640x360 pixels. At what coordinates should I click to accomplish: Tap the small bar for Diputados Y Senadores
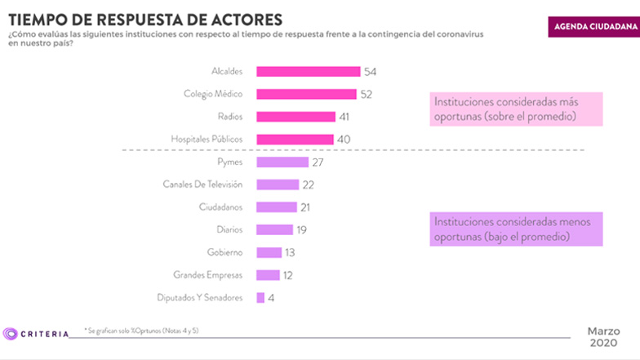point(260,298)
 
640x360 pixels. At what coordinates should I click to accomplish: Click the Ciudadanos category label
point(221,207)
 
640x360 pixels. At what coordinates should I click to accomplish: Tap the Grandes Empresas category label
point(208,275)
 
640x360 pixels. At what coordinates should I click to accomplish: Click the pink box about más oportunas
point(517,109)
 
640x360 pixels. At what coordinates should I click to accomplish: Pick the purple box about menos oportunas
point(517,229)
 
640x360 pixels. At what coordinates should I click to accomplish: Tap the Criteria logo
point(36,333)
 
